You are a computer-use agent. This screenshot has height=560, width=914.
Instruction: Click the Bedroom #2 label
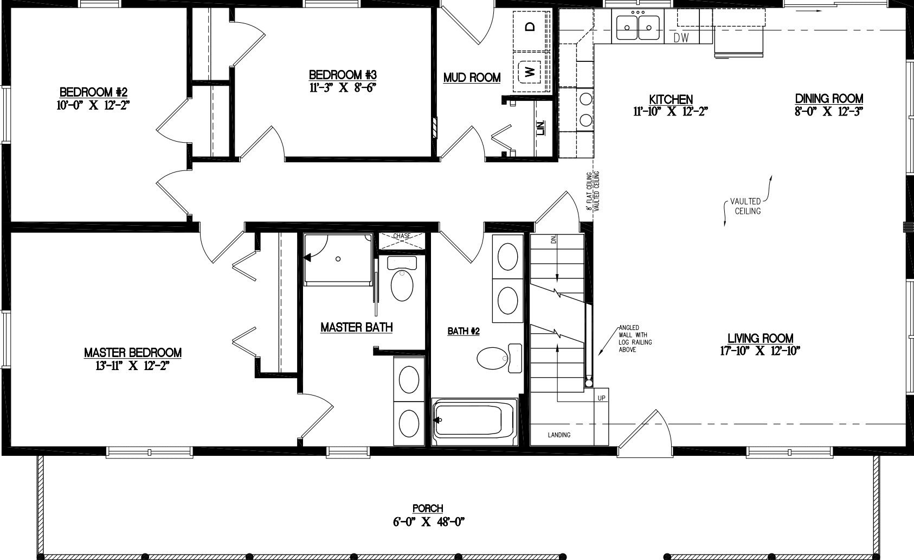click(93, 91)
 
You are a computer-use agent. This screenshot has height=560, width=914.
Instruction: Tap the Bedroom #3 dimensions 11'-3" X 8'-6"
click(342, 87)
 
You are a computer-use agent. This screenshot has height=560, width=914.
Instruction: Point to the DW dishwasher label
click(681, 38)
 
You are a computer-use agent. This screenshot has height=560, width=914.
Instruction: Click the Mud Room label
click(472, 78)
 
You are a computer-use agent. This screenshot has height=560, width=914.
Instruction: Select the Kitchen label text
click(671, 99)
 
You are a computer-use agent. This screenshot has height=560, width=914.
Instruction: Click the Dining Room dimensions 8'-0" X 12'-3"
click(828, 112)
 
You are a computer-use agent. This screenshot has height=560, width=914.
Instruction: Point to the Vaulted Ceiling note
click(748, 206)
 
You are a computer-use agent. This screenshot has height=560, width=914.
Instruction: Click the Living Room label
click(760, 338)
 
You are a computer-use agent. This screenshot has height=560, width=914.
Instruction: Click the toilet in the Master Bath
click(402, 283)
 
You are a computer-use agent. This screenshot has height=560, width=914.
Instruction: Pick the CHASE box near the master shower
click(402, 242)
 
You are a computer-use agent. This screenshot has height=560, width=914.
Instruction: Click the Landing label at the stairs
click(558, 435)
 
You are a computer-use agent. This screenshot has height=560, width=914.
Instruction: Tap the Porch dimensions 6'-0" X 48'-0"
click(428, 522)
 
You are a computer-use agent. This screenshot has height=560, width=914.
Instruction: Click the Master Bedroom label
click(132, 353)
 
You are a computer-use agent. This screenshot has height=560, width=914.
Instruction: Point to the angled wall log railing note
click(635, 339)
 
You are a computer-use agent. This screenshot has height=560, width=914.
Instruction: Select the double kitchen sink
click(638, 27)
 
